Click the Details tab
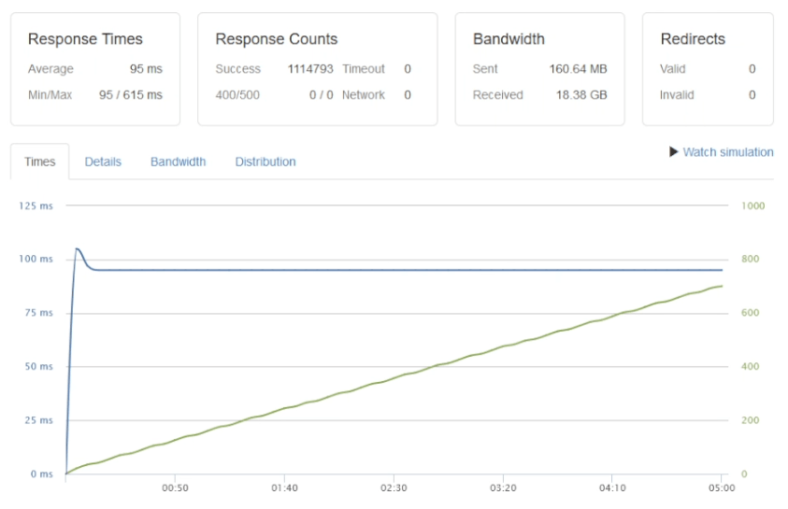point(103,162)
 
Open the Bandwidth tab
point(178,162)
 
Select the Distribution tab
point(265,162)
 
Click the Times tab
point(40,162)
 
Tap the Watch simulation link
point(722,152)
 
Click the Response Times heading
point(85,39)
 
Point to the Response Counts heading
point(277,39)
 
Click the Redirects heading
point(693,39)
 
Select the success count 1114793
point(310,69)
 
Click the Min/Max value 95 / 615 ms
point(131,95)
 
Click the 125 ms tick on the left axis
point(36,205)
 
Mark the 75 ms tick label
point(37,313)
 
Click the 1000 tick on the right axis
point(752,205)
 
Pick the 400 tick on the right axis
point(750,367)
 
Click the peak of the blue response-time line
point(77,248)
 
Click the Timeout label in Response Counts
point(364,69)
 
